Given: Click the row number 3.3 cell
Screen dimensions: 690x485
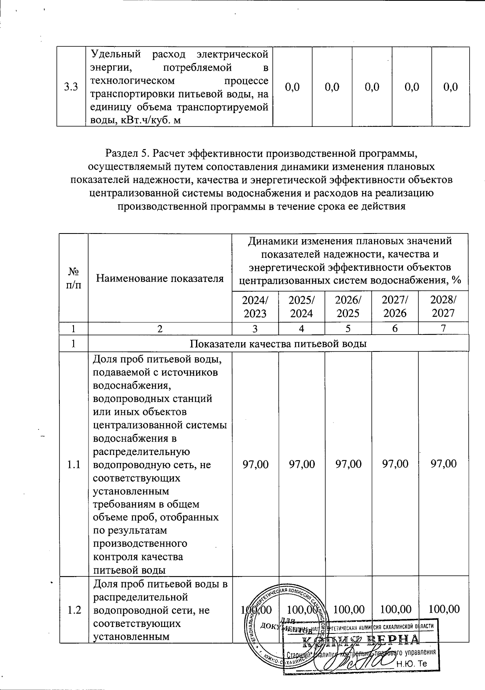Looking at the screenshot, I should pyautogui.click(x=71, y=87).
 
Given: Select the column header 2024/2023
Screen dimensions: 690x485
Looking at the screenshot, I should pyautogui.click(x=255, y=306).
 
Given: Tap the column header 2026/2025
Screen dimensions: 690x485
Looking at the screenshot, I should pyautogui.click(x=348, y=306).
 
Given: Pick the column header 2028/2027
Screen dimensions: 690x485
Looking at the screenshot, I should pyautogui.click(x=443, y=306).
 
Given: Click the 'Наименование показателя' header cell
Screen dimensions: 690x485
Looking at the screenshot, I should pyautogui.click(x=160, y=278).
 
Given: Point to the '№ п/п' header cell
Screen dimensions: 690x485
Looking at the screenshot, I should pyautogui.click(x=74, y=278).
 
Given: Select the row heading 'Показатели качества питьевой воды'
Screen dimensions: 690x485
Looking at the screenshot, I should pyautogui.click(x=278, y=344).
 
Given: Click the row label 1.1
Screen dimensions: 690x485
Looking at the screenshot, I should pyautogui.click(x=74, y=464).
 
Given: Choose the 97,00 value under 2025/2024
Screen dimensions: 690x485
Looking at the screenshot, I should pyautogui.click(x=302, y=464).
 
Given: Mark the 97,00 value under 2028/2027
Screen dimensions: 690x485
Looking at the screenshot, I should pyautogui.click(x=443, y=464).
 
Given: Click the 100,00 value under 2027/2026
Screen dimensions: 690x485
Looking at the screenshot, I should pyautogui.click(x=396, y=609).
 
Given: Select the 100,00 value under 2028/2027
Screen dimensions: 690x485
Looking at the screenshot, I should pyautogui.click(x=444, y=609).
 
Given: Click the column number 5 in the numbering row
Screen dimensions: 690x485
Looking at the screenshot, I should pyautogui.click(x=348, y=328).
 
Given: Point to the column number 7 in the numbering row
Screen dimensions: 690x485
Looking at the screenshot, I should pyautogui.click(x=443, y=328).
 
